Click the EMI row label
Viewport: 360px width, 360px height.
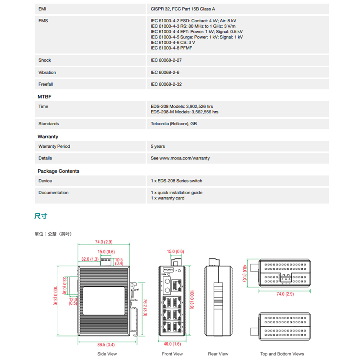pyautogui.click(x=42, y=9)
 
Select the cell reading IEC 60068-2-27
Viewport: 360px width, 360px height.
pyautogui.click(x=166, y=60)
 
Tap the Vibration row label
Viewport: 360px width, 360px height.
pyautogui.click(x=47, y=72)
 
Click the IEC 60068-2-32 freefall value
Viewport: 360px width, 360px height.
pyautogui.click(x=166, y=84)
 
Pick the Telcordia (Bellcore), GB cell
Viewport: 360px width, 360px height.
pyautogui.click(x=174, y=123)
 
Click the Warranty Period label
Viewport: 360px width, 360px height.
pyautogui.click(x=54, y=146)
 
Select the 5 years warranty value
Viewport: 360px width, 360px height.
pyautogui.click(x=158, y=146)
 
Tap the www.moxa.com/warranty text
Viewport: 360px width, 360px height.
pyautogui.click(x=184, y=158)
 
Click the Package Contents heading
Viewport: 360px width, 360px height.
pyautogui.click(x=58, y=171)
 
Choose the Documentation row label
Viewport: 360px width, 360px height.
pyautogui.click(x=53, y=193)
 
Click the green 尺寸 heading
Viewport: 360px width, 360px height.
pyautogui.click(x=41, y=216)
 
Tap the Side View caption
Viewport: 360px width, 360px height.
pyautogui.click(x=107, y=354)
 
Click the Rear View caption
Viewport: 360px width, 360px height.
pyautogui.click(x=218, y=354)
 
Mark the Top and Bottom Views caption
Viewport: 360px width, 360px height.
pyautogui.click(x=282, y=354)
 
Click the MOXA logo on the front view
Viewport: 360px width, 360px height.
pyautogui.click(x=168, y=270)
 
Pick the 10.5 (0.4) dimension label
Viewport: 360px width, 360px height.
pyautogui.click(x=119, y=261)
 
